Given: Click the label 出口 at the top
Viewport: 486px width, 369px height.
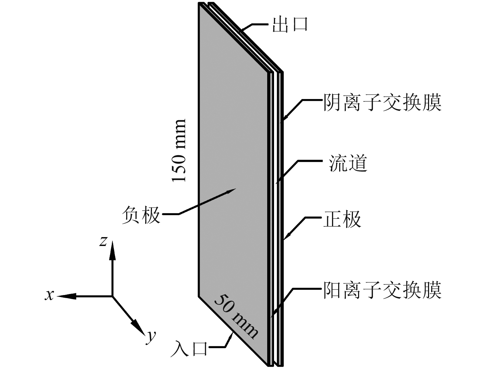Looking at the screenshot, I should point(290,25).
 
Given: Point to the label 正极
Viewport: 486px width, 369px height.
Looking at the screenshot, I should point(342,219).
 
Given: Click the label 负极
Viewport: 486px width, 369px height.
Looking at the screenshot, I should point(141,215).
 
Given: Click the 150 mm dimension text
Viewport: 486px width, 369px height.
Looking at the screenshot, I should point(179,151).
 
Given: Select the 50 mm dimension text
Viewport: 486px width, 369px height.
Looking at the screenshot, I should point(236,316).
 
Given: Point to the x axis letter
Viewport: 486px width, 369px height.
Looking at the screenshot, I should point(50,295).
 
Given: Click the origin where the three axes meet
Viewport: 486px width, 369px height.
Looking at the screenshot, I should point(112,296).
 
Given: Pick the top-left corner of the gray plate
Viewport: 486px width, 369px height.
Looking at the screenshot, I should point(199,4).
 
